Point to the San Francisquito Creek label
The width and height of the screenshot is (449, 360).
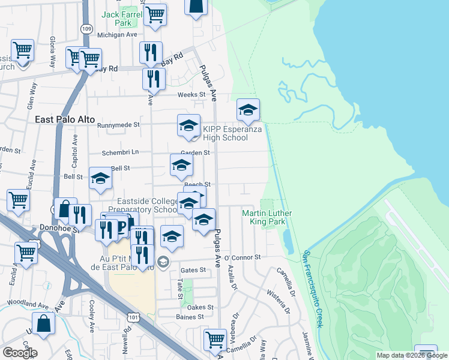click(315, 289)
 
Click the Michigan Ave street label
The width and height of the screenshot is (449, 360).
click(117, 35)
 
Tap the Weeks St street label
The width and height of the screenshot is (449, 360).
click(191, 95)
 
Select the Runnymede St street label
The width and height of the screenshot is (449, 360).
click(118, 125)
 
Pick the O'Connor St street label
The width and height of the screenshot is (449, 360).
click(243, 257)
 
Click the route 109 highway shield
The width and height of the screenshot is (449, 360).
click(87, 28)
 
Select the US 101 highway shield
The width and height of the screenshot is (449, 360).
click(133, 316)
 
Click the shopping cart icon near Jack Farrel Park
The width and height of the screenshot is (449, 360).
click(155, 14)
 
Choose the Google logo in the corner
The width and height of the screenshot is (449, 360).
click(20, 352)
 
